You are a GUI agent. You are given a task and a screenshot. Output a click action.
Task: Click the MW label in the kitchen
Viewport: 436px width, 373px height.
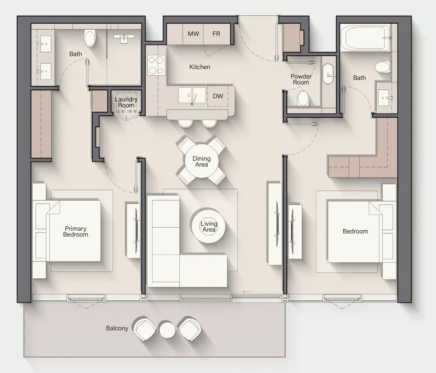coord(193,34)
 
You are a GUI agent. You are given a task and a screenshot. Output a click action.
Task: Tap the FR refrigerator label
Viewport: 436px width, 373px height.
coord(216,34)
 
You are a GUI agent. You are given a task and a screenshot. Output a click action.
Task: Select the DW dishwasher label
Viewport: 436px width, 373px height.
coord(218,97)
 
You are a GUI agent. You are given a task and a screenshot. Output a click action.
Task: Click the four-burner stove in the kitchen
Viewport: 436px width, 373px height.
coord(156,65)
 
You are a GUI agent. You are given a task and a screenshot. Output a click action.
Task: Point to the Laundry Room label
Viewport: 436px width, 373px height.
coord(126,102)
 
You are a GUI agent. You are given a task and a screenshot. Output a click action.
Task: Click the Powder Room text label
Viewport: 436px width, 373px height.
coord(301,79)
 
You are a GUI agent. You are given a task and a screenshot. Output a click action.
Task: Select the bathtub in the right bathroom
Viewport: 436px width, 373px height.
coord(364,38)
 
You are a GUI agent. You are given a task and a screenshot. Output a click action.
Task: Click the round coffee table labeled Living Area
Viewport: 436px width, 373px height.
coord(209,226)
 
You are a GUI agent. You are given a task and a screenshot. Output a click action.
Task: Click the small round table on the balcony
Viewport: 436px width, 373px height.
coord(167,330)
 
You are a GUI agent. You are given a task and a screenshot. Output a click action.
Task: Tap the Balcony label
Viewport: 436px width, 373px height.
coord(117,328)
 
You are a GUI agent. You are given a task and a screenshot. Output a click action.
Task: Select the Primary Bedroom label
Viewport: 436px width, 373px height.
coord(75,232)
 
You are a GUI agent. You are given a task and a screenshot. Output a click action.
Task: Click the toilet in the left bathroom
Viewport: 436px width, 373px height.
coord(90,39)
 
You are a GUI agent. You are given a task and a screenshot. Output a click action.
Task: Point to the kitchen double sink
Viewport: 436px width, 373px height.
coord(192,95)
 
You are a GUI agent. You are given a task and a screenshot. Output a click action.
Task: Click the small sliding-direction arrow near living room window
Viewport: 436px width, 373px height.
coord(248,292)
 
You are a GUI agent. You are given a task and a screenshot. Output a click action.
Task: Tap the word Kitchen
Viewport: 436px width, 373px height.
coord(200,67)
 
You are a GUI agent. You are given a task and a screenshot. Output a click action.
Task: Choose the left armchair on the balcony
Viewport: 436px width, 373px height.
coord(145,329)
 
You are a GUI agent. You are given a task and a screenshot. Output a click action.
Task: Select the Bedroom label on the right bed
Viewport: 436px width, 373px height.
coord(355,231)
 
